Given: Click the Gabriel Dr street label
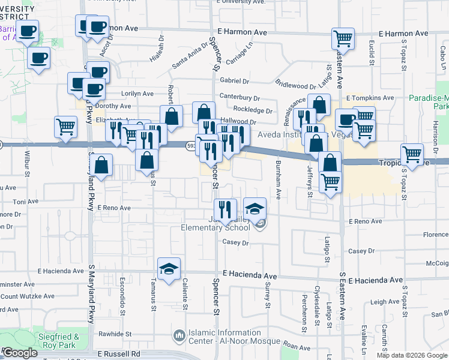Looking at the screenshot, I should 234,80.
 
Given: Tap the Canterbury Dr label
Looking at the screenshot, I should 240,97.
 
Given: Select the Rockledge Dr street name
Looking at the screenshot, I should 253,110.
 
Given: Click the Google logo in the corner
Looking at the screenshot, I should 20,353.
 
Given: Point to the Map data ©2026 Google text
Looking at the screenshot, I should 411,355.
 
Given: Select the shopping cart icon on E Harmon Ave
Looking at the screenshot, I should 343,40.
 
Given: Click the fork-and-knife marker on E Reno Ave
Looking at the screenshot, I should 224,210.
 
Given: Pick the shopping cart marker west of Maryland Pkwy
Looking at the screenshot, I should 66,127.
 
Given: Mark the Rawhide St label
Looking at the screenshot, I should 115,334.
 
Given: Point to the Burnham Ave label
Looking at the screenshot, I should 279,180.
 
